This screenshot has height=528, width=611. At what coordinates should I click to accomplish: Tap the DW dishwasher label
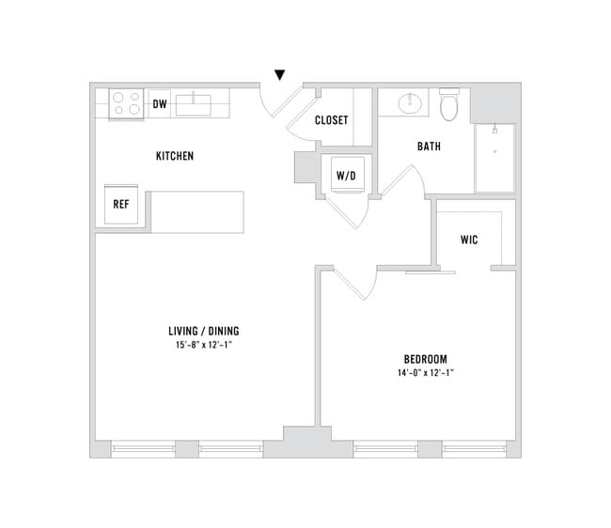point(159,103)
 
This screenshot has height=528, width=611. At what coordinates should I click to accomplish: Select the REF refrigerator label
point(121,204)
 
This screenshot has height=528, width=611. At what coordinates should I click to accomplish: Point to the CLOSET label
point(331,120)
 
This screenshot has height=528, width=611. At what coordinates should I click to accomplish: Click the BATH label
point(429,147)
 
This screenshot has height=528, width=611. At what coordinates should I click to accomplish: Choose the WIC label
point(469,240)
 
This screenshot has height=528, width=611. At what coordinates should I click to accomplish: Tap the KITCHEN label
point(175,156)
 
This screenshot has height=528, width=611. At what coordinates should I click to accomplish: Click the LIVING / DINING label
point(204,330)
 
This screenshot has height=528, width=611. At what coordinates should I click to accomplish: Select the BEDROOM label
point(425,359)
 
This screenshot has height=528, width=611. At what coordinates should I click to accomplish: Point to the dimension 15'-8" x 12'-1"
point(204,345)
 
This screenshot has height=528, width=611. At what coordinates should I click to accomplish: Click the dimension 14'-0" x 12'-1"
point(425,373)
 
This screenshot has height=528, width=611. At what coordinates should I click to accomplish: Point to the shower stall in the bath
point(493,157)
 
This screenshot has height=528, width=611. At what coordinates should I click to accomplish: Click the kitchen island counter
point(196,211)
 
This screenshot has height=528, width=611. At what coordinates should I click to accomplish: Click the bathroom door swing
point(399,182)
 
